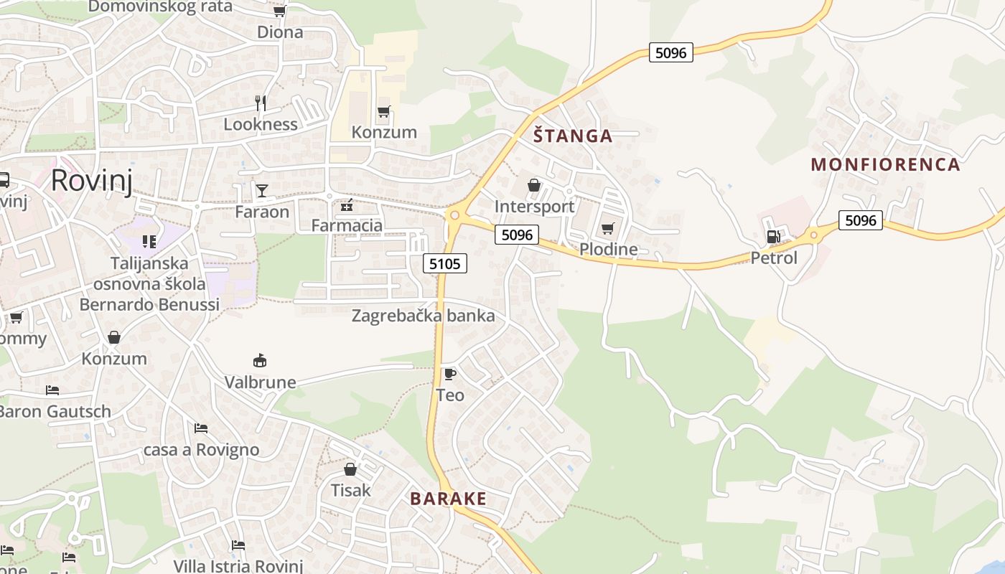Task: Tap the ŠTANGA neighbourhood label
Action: point(573,136)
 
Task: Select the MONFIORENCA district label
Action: point(885,164)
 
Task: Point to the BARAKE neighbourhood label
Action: point(448,499)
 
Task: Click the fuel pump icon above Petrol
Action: point(773,236)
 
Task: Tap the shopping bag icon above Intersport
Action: point(534,185)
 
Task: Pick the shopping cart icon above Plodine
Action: point(608,228)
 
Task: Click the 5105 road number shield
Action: point(444,263)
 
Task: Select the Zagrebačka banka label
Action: point(423,316)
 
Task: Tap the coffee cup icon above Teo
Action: point(450,374)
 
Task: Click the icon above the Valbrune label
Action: point(260,360)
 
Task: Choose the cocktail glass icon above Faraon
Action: point(262,190)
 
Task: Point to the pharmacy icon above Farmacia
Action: point(347,205)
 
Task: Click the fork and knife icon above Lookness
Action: point(261,103)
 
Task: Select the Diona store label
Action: point(280,32)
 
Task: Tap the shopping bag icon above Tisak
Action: point(350,469)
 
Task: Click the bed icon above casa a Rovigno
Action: point(201,428)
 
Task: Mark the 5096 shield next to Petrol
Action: point(861,220)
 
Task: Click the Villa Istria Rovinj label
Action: point(238,565)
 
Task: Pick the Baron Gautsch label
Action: point(55,412)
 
